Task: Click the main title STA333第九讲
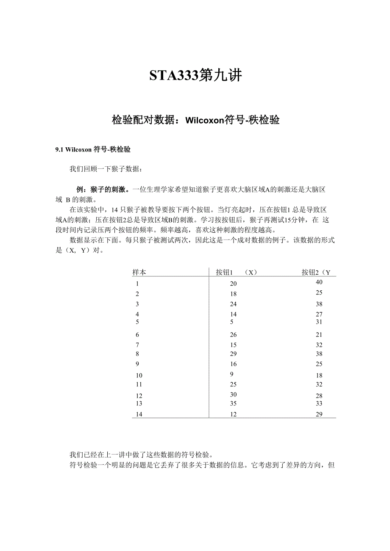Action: (195, 75)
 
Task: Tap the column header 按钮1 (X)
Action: (237, 272)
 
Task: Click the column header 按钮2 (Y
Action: (316, 272)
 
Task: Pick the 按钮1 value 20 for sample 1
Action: (233, 284)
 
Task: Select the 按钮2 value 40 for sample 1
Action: (319, 282)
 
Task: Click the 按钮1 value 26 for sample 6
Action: (233, 335)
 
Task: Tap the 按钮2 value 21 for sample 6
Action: (319, 335)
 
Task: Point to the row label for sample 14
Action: (139, 414)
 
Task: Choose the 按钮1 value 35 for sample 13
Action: (233, 403)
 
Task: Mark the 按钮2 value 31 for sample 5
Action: (319, 322)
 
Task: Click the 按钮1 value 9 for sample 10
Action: (231, 374)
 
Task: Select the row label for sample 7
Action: (137, 345)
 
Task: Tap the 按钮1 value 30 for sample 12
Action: (233, 394)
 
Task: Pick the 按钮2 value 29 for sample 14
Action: (319, 414)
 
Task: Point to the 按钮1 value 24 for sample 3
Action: (233, 304)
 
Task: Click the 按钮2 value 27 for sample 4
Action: (319, 314)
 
